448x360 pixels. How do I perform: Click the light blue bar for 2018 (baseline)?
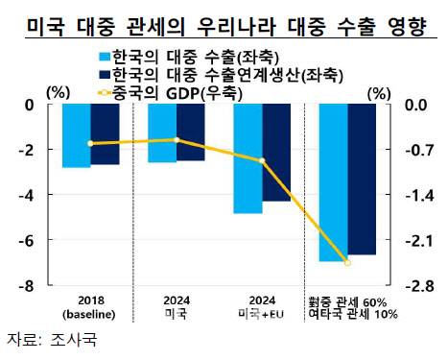click(77, 135)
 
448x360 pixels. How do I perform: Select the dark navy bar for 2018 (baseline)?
click(106, 134)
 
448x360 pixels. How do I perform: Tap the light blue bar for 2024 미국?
click(162, 133)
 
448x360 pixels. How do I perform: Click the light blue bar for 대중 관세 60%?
click(333, 182)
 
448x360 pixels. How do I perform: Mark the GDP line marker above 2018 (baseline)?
click(91, 143)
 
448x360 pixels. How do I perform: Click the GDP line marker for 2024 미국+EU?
click(262, 160)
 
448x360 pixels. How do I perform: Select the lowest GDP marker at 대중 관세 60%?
click(347, 262)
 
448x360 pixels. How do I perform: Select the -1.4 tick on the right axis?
click(413, 195)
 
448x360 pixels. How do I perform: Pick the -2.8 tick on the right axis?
click(413, 286)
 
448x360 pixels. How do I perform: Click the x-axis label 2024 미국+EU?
click(262, 306)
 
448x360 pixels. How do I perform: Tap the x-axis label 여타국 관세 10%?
click(348, 314)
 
